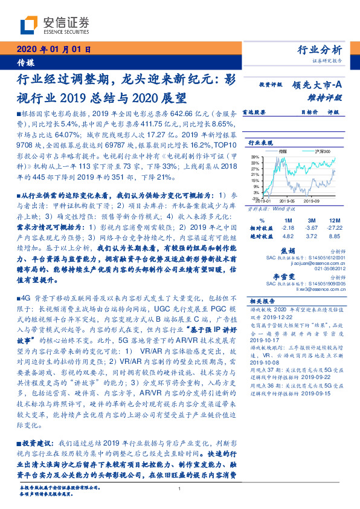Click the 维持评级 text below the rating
[x=329, y=97]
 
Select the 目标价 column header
[x=309, y=112]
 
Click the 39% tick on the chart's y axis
[x=256, y=156]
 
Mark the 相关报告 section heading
[x=263, y=300]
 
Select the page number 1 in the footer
[x=180, y=489]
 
